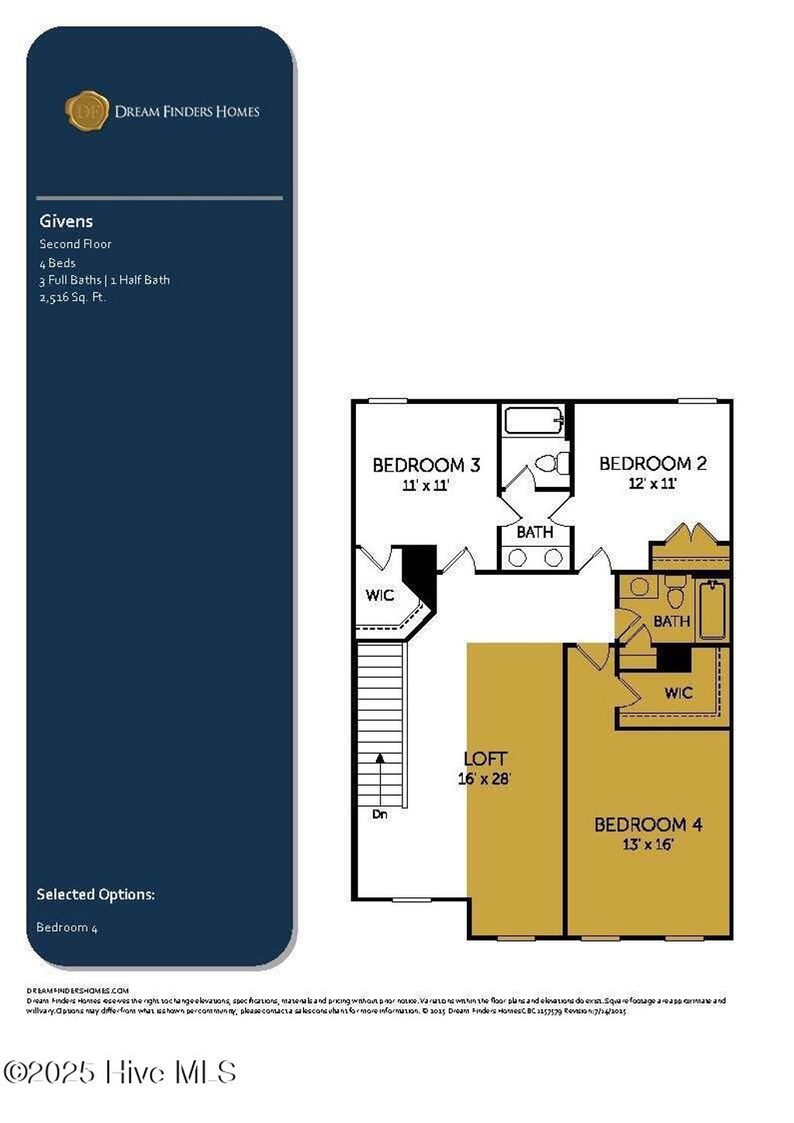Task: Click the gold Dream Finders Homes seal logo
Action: (87, 111)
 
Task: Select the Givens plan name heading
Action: (66, 221)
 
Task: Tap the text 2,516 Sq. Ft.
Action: (72, 297)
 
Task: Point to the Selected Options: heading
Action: (95, 894)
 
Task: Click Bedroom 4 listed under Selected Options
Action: (67, 928)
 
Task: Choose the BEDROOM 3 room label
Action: (426, 465)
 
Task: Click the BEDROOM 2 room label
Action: (653, 464)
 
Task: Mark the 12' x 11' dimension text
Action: (653, 484)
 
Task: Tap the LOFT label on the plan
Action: (485, 759)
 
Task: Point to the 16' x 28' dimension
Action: (485, 779)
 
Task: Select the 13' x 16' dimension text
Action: (647, 845)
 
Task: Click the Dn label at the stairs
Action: (380, 814)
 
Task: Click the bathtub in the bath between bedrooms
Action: (534, 421)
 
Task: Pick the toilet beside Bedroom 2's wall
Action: (552, 464)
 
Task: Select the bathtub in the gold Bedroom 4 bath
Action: (712, 610)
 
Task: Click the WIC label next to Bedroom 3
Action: (380, 596)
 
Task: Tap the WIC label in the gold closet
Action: (678, 693)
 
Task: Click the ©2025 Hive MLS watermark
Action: (120, 1073)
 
